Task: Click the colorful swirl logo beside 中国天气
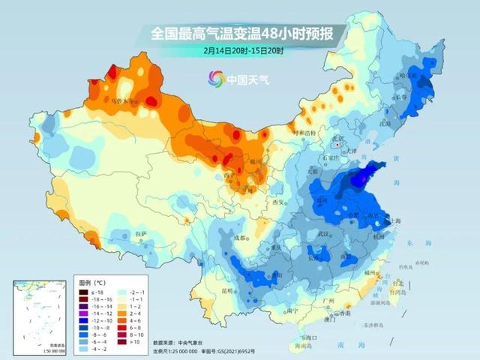pyautogui.click(x=217, y=77)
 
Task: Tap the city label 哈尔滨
pyautogui.click(x=408, y=76)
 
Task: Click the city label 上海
pyautogui.click(x=390, y=220)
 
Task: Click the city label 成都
pyautogui.click(x=240, y=238)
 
